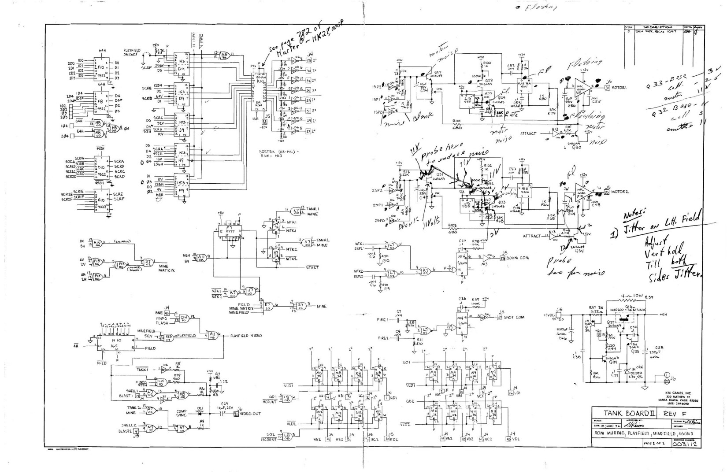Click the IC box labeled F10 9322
tap(100, 70)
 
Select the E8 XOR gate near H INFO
tap(224, 56)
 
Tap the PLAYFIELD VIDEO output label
tap(246, 336)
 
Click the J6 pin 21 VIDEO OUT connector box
tap(236, 414)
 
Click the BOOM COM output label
tap(516, 258)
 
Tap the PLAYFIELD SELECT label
tap(131, 52)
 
